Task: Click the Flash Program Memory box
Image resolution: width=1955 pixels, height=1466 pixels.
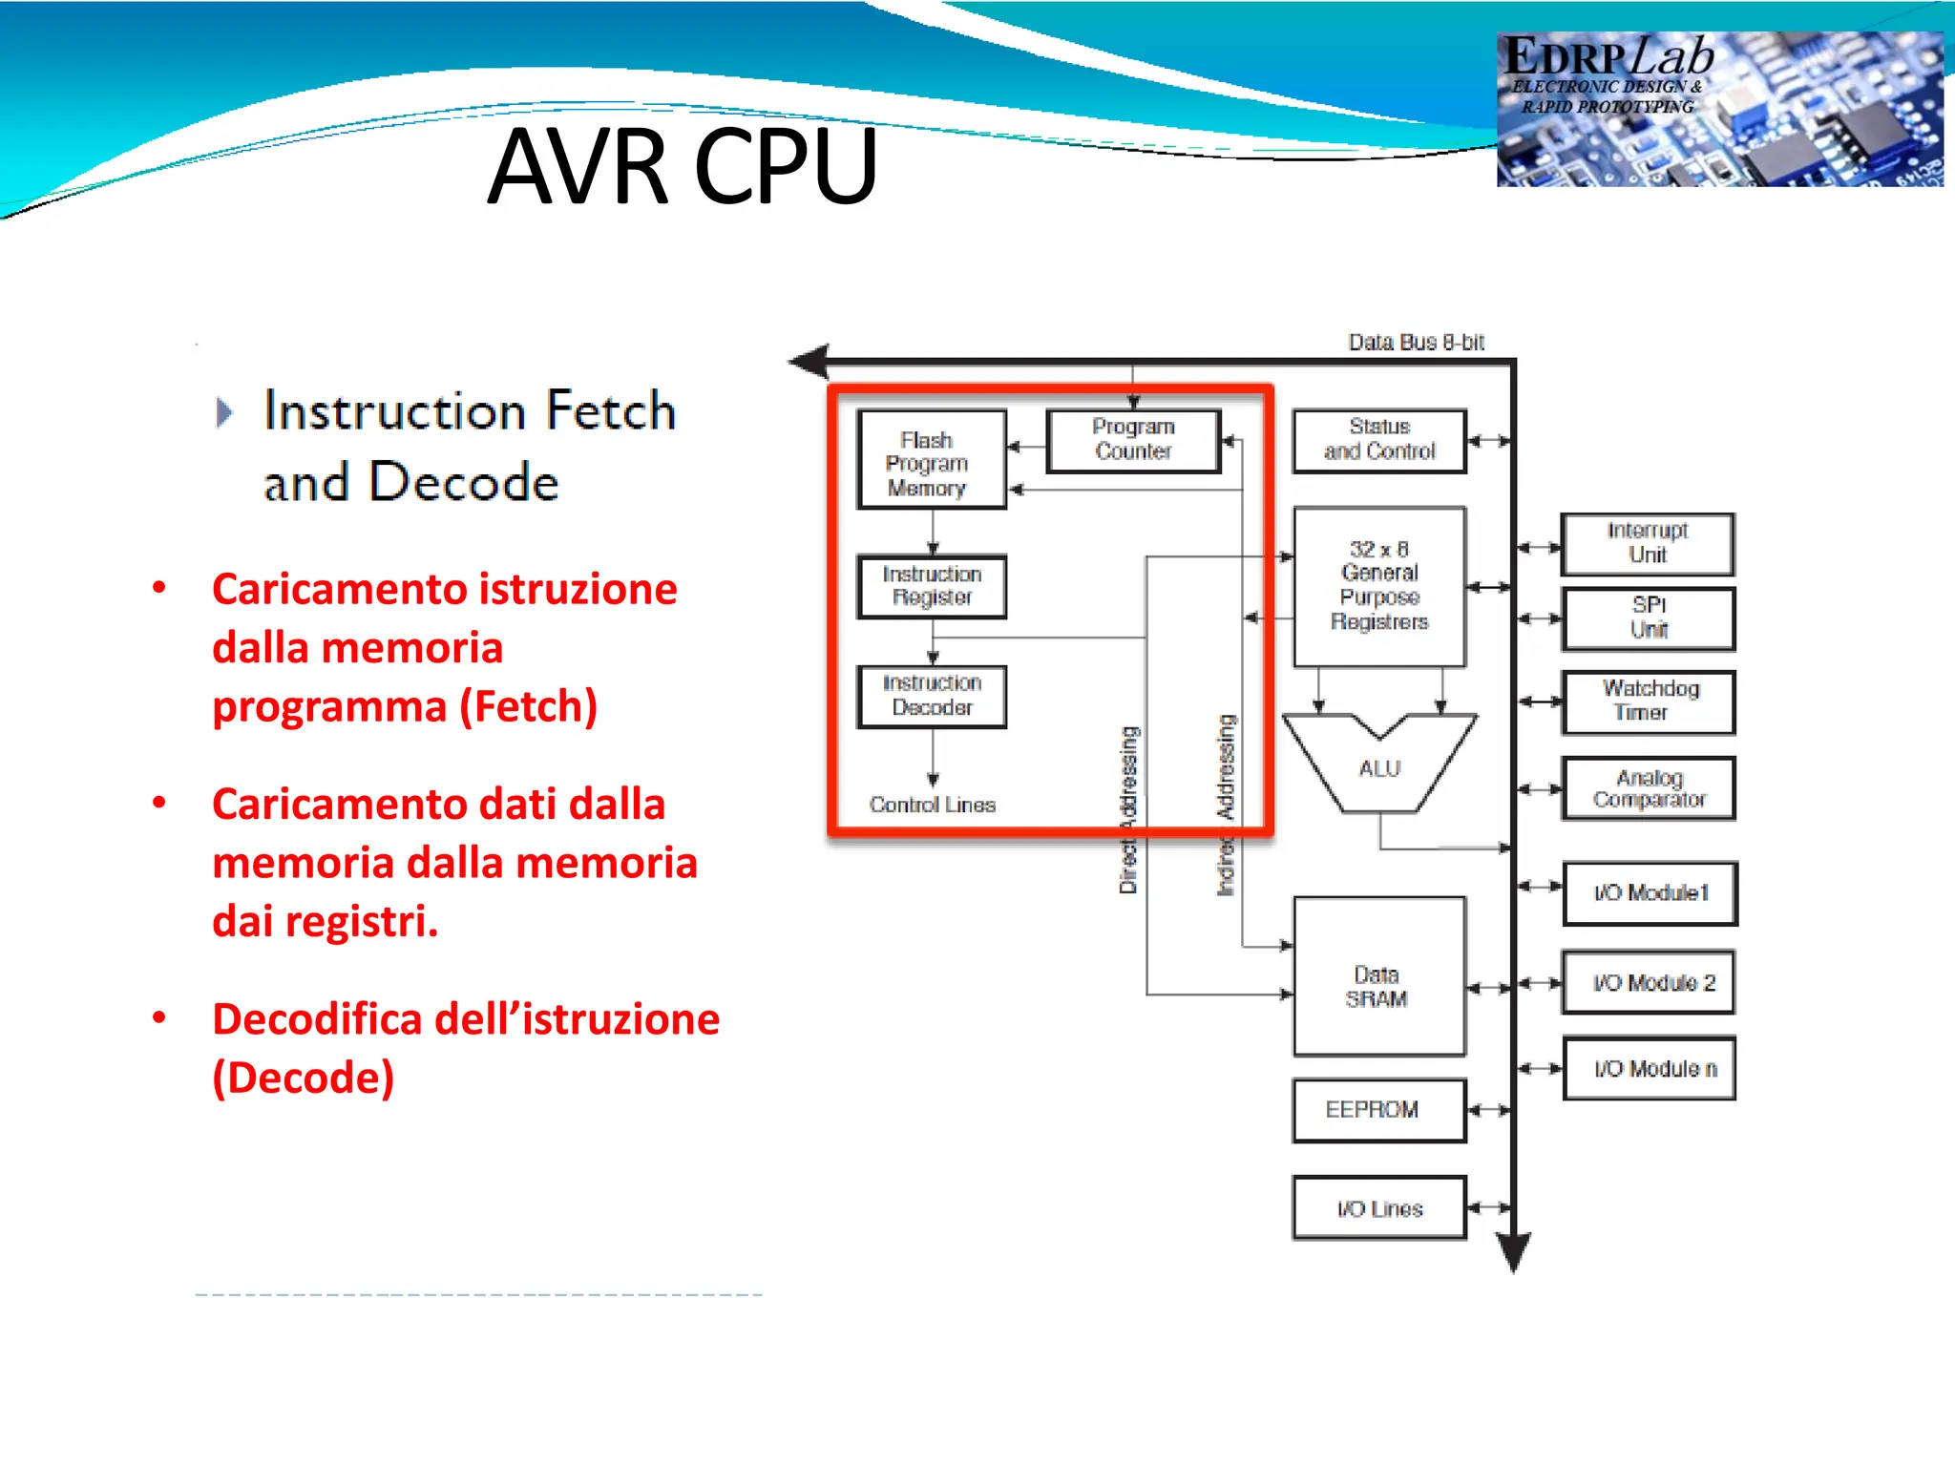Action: [x=931, y=460]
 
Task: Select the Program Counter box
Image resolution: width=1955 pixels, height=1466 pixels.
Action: [x=1133, y=440]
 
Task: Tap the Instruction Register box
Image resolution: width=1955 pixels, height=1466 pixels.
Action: [x=932, y=586]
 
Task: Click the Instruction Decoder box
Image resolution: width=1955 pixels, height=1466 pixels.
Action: [x=932, y=696]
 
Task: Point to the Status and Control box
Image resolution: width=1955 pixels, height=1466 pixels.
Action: [x=1379, y=440]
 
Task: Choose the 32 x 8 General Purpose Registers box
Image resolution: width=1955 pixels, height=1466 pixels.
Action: [x=1379, y=586]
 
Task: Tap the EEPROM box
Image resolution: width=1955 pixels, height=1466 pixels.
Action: [x=1379, y=1110]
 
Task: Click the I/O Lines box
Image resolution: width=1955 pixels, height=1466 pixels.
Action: [x=1379, y=1208]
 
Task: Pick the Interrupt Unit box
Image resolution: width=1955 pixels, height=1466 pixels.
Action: [x=1648, y=543]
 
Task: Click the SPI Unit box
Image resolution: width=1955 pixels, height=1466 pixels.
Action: [x=1648, y=618]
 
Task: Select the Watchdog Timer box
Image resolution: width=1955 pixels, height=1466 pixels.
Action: [x=1648, y=702]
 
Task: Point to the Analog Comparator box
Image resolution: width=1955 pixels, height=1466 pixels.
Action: [x=1648, y=789]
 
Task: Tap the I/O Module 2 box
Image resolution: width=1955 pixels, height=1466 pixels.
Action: [x=1649, y=983]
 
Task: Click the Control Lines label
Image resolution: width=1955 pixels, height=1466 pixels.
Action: [x=932, y=806]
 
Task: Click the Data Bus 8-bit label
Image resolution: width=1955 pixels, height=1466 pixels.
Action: [x=1416, y=343]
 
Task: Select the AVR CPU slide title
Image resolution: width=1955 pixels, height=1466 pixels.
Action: [x=682, y=167]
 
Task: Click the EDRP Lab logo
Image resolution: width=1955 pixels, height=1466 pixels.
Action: [x=1718, y=108]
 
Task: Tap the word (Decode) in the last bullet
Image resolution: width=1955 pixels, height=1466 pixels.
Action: [x=303, y=1079]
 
